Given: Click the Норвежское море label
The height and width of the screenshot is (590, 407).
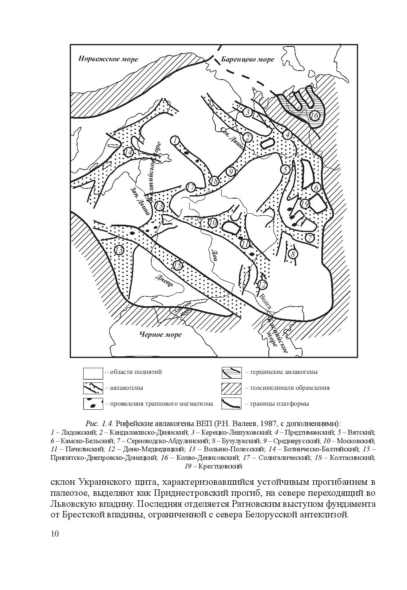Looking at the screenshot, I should coord(108,59).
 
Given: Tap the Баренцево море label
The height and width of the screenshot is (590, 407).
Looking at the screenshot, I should coord(248,60).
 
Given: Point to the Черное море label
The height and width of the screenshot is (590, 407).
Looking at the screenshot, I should coord(160,334).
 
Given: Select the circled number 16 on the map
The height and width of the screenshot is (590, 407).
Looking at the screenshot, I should coord(314,116).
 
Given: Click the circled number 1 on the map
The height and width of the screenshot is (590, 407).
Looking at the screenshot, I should coord(175,141).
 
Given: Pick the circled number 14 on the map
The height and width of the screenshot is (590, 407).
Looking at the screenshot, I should coord(129,152).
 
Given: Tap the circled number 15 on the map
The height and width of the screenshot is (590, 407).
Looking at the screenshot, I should coord(177,265).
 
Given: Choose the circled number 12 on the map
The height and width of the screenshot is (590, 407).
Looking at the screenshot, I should coord(263,284).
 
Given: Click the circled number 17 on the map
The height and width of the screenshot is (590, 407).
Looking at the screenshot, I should coord(190,188).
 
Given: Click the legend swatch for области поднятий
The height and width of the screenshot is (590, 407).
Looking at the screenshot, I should coord(93,373).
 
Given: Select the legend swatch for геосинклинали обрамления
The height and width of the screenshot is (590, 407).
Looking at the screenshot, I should coord(231,388).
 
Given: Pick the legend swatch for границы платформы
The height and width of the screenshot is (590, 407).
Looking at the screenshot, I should coord(231,404).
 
